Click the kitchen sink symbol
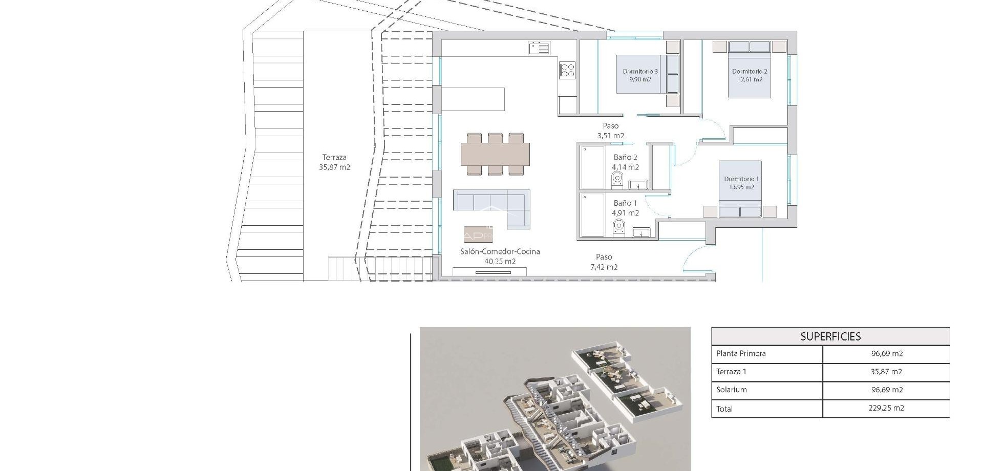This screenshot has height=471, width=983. click(539, 48)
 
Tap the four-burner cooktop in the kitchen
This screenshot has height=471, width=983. click(567, 70)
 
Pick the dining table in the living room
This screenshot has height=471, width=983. click(495, 154)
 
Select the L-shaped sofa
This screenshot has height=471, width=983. click(491, 203)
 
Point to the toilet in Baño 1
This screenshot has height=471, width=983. click(619, 226)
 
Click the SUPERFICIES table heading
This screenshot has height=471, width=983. click(830, 336)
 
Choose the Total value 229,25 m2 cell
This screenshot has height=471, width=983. click(886, 408)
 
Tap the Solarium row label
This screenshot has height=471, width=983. click(732, 390)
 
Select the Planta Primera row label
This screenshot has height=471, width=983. click(741, 353)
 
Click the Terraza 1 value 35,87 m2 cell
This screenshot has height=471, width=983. click(886, 372)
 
